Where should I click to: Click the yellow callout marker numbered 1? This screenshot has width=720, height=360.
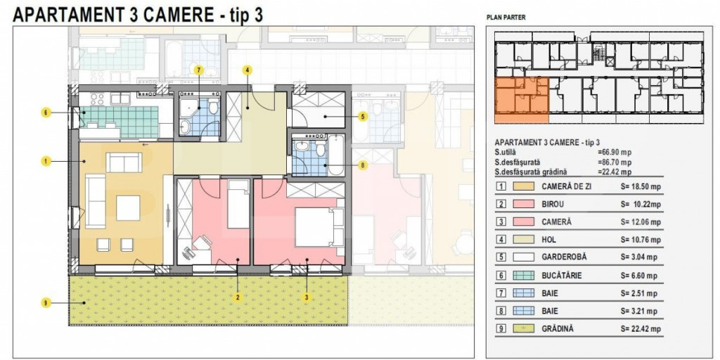tap(46, 161)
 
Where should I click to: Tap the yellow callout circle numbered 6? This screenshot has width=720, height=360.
tap(46, 112)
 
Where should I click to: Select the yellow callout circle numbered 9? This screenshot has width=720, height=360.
tap(46, 303)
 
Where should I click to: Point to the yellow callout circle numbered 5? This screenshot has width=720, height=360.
tap(363, 117)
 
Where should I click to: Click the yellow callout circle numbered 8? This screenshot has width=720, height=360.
tap(363, 166)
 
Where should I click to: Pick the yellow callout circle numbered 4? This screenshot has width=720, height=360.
tap(247, 70)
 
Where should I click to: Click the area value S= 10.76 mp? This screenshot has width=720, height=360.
tap(640, 240)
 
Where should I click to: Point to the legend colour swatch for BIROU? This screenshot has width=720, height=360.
tap(524, 205)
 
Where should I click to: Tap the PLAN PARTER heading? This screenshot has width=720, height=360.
tap(506, 18)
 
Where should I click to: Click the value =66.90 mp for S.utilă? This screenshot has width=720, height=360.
tap(613, 151)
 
